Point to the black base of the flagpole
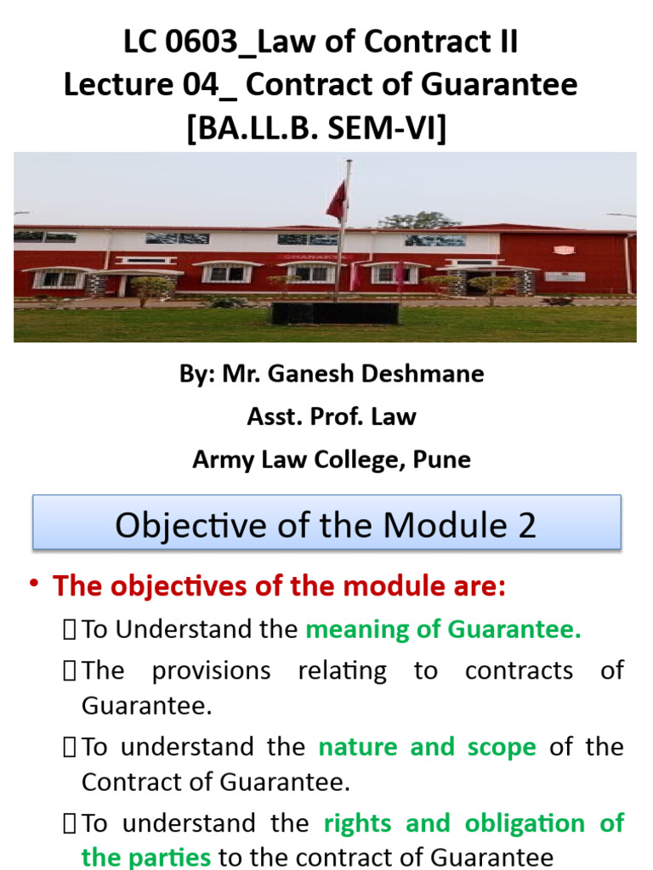point(334,313)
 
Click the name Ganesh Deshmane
point(353,375)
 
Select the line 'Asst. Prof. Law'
point(332,416)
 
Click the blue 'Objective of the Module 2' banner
point(326,524)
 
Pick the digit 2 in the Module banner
point(526,526)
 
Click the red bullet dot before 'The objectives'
point(34,585)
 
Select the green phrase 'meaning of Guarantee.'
point(443,630)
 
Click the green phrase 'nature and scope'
point(427,747)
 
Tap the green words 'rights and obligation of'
point(474,823)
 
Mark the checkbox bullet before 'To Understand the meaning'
point(70,630)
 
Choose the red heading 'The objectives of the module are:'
point(279,586)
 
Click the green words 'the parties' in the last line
point(145,857)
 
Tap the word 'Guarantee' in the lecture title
point(495,85)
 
